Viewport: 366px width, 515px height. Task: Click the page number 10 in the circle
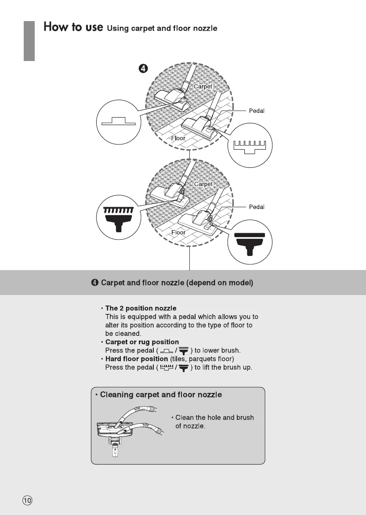[x=27, y=500]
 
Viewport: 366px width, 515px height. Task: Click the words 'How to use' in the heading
[x=73, y=27]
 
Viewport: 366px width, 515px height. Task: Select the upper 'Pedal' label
[x=257, y=111]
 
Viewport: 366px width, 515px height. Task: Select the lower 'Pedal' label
[x=257, y=207]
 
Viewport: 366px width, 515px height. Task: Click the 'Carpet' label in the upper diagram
[x=203, y=86]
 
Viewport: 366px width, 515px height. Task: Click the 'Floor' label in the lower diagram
[x=178, y=232]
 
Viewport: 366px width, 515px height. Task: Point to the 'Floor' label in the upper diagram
[x=178, y=138]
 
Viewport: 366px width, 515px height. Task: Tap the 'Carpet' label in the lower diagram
[x=203, y=184]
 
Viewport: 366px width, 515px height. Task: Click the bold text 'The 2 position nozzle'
[x=141, y=309]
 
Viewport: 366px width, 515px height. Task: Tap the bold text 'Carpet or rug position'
[x=142, y=342]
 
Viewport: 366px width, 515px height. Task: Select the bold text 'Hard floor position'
[x=137, y=359]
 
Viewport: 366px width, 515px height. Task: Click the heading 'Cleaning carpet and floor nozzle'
[x=161, y=395]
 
